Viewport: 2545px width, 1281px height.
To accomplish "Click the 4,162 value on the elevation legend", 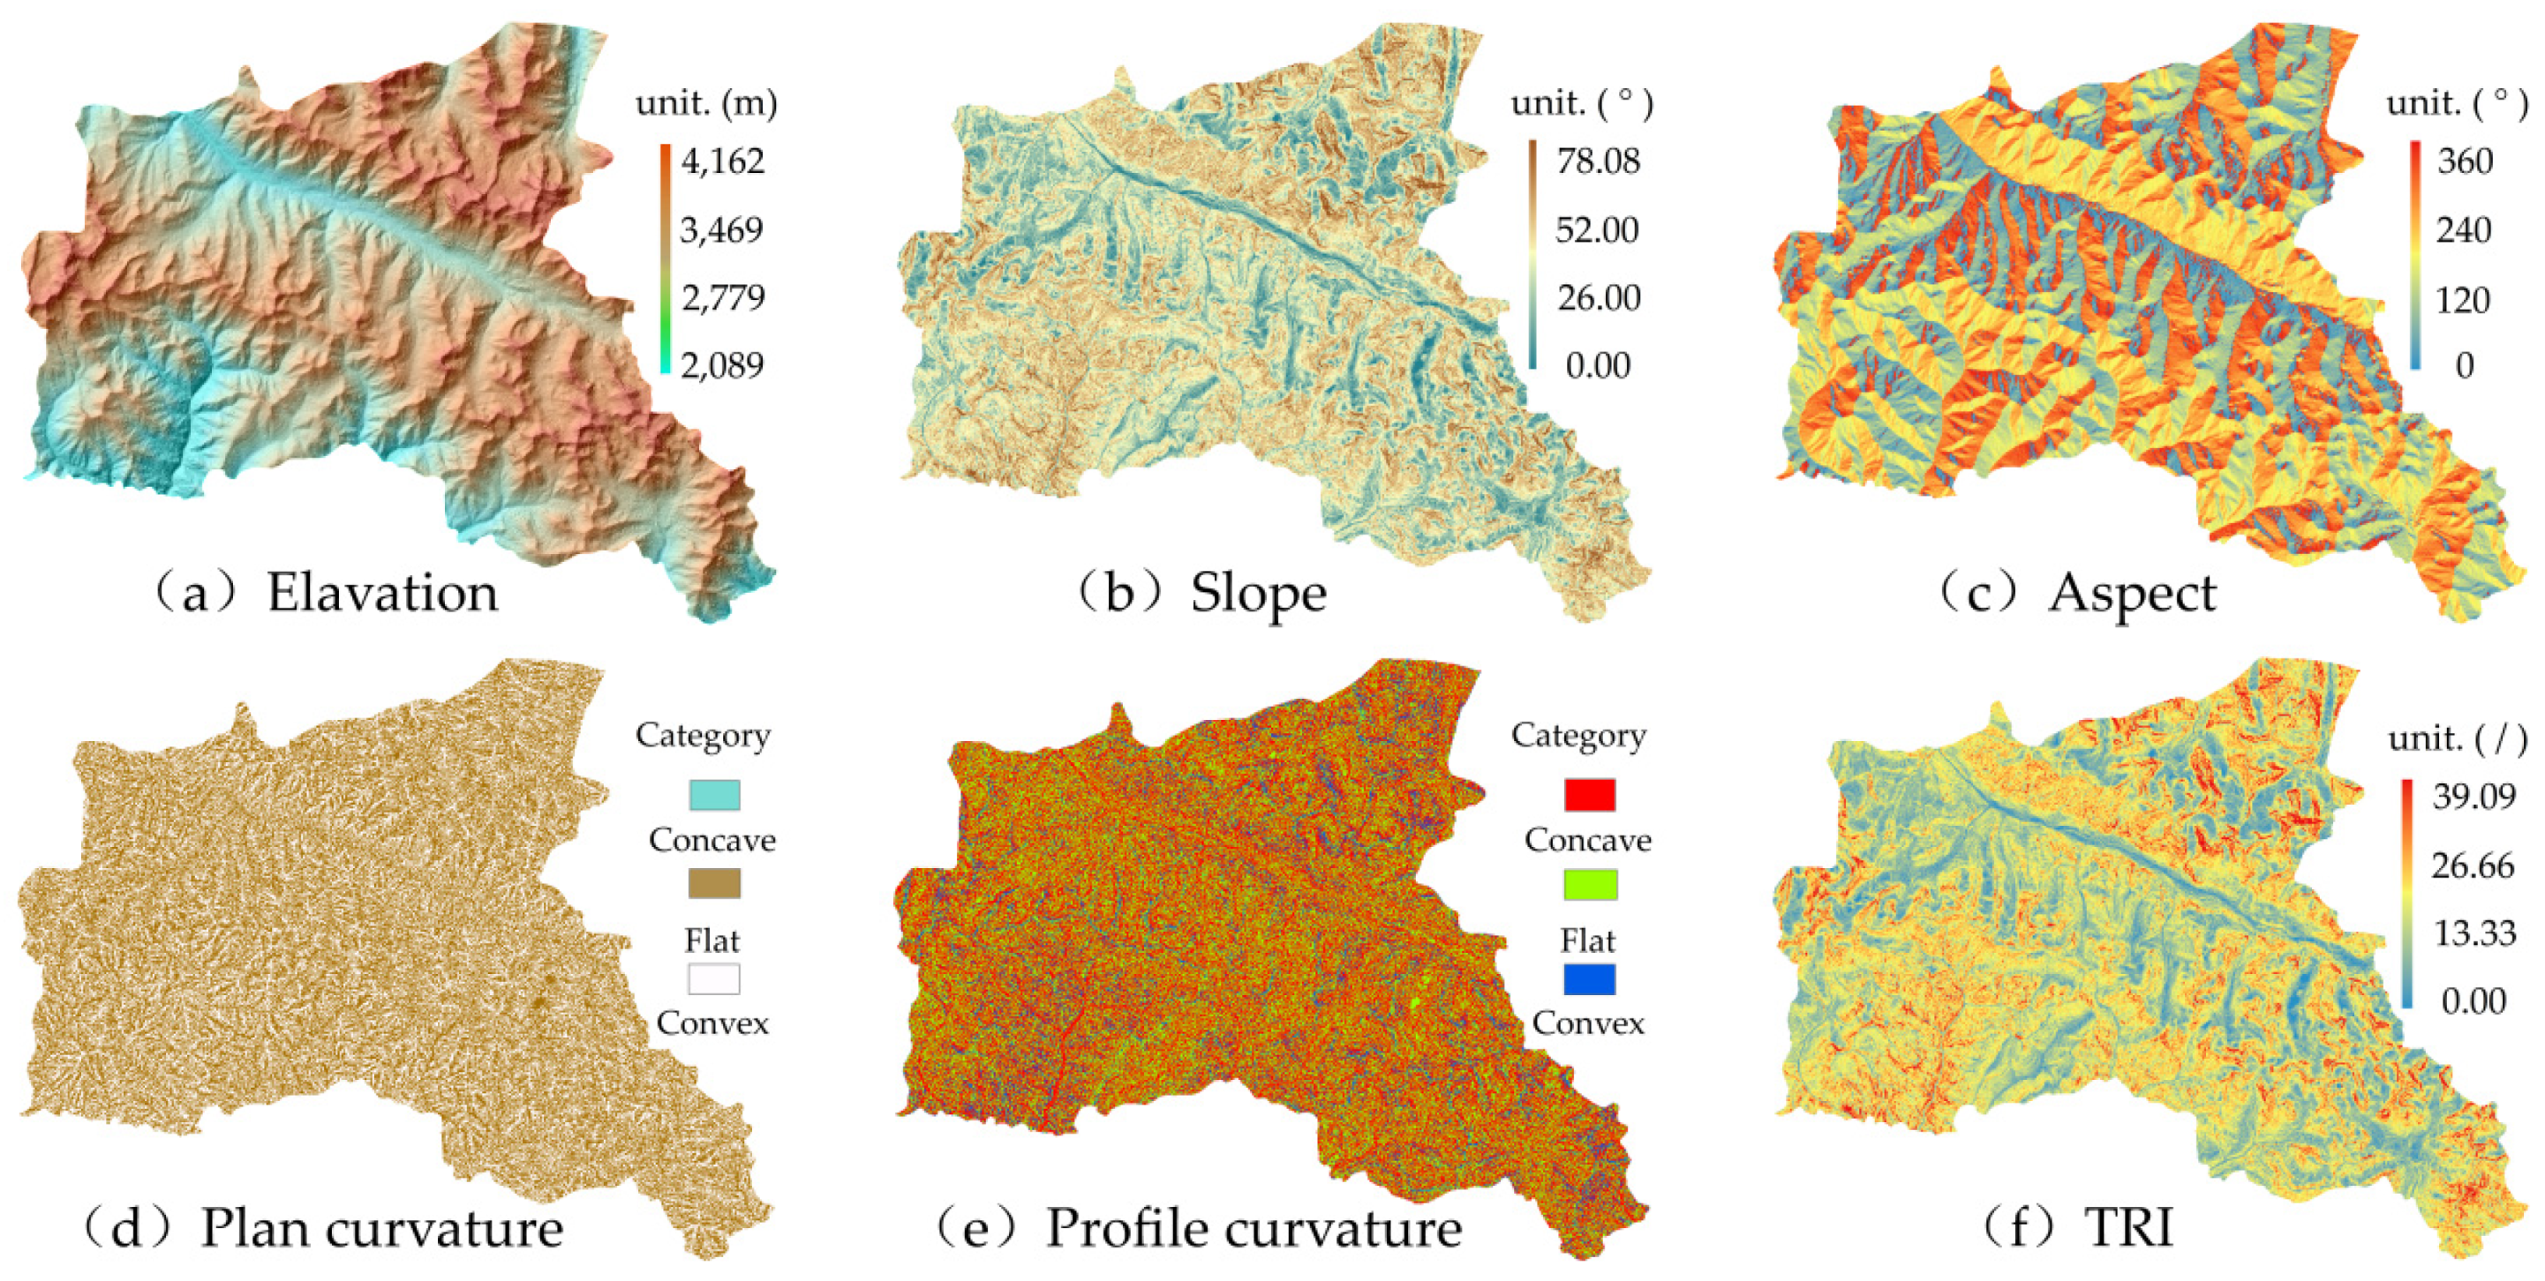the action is tap(722, 161).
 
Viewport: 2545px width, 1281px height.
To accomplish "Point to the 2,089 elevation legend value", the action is tap(722, 365).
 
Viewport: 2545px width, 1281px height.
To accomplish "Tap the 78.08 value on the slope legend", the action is tap(1598, 161).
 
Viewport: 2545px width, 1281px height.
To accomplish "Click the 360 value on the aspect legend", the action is tap(2464, 161).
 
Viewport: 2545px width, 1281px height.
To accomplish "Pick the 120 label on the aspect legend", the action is tap(2462, 299).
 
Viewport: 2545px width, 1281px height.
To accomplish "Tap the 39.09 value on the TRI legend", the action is tap(2473, 796).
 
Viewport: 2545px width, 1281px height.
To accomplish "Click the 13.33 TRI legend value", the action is tap(2473, 933).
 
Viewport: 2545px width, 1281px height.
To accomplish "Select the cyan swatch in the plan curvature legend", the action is tap(713, 795).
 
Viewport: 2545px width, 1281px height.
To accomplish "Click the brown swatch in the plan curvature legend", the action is tap(713, 883).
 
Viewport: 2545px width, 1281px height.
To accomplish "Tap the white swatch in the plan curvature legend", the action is tap(713, 978).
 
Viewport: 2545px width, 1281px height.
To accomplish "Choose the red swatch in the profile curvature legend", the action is tap(1590, 795).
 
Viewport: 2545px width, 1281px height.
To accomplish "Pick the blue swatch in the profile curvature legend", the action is tap(1590, 978).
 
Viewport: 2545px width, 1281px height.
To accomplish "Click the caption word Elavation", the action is tap(382, 593).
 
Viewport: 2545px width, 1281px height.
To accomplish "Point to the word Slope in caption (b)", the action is tap(1258, 593).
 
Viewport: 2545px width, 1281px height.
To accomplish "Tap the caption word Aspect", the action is tap(2132, 595).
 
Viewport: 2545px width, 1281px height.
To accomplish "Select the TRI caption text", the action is tap(2128, 1228).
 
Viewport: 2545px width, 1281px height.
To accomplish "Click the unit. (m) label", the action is tap(705, 102).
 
